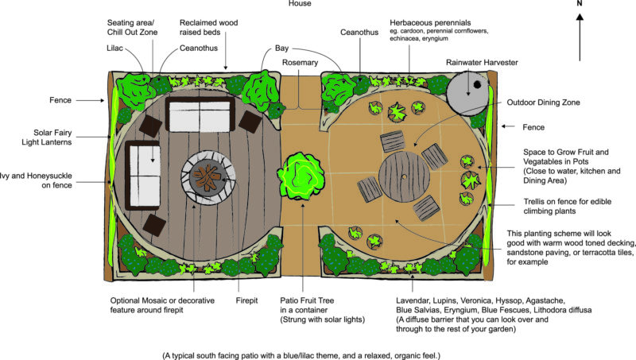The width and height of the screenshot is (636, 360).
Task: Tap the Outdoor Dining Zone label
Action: [x=543, y=102]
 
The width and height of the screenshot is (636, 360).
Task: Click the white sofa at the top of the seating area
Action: [x=200, y=116]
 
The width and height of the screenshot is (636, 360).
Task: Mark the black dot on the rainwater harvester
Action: [x=476, y=85]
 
